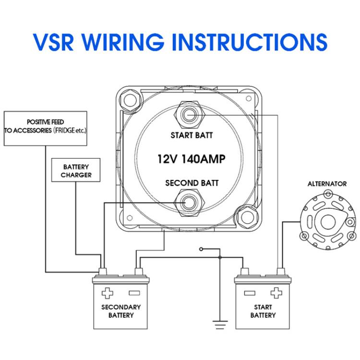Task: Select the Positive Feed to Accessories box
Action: pos(46,128)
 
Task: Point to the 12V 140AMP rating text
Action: pos(191,159)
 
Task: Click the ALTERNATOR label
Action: pos(327,183)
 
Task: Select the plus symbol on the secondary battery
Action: pos(108,293)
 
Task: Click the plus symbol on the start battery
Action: pos(276,293)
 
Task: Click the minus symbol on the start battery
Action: pos(249,293)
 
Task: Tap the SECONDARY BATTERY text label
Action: pos(121,311)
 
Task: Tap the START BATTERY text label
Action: pos(263,311)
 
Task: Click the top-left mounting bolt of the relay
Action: pos(130,99)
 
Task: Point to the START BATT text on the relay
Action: pos(192,135)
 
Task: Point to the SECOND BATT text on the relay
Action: pos(192,183)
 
